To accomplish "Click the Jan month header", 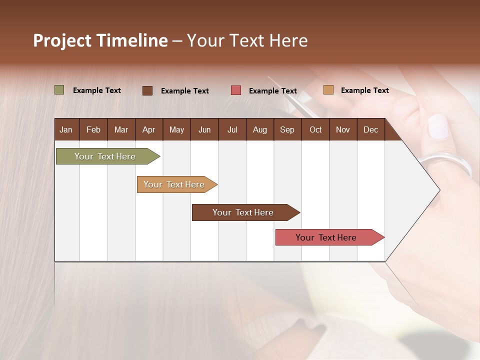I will pos(66,129).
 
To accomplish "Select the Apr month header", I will pos(148,129).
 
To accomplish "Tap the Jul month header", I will pos(232,129).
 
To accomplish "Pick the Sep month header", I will pos(287,129).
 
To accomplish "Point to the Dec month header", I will pos(370,129).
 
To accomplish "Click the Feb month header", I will pos(93,129).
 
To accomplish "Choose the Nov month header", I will pos(342,129).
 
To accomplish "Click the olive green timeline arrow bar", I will pos(105,156).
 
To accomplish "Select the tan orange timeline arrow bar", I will pos(174,184).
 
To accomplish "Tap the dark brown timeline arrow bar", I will pos(243,212).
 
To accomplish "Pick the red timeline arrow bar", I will pos(326,237).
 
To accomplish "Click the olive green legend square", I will pos(59,90).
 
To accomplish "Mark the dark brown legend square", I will pos(147,90).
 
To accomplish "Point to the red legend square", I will pos(236,90).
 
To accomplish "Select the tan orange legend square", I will pos(328,90).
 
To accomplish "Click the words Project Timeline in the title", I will pos(100,40).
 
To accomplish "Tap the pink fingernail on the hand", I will pos(438,126).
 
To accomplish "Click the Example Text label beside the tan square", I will pos(364,90).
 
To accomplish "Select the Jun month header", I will pos(204,129).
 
